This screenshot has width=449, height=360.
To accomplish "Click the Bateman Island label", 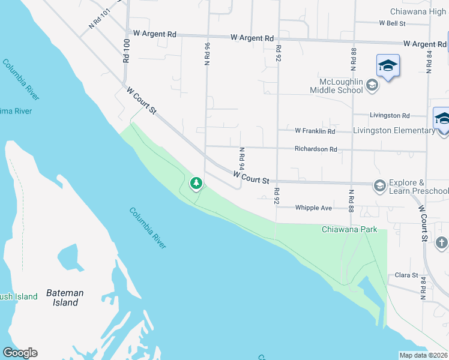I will click(x=65, y=298).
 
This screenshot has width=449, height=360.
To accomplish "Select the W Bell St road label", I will click(x=393, y=23).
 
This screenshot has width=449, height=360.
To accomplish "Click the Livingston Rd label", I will click(x=390, y=115).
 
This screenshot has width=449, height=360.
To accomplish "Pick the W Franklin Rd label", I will click(x=315, y=131).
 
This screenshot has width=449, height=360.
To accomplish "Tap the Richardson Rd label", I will click(x=316, y=149).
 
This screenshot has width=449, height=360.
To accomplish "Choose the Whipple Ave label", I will click(x=313, y=208).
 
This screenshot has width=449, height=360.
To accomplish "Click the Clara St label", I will click(x=406, y=275).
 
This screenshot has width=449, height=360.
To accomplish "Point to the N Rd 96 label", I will click(x=207, y=53).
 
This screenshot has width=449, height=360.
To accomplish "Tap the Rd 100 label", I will click(x=126, y=51).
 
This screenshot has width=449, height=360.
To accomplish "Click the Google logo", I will click(x=20, y=353).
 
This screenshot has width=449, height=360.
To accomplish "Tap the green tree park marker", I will click(x=196, y=183).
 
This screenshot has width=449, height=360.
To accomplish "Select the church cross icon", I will click(x=441, y=242).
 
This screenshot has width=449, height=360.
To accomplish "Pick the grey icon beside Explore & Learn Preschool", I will click(x=379, y=186).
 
